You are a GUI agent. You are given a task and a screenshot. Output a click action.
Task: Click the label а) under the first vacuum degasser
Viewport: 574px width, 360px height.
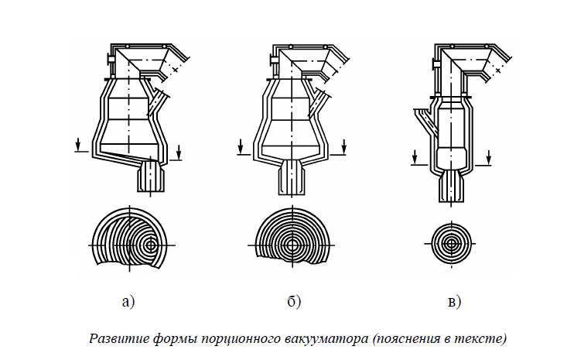[x=128, y=301]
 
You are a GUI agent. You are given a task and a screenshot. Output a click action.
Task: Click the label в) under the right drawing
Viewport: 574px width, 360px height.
[x=454, y=301]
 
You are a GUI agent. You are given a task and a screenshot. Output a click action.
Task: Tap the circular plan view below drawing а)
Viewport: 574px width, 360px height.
[x=129, y=238]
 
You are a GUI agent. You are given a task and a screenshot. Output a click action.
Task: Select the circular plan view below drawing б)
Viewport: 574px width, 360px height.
[x=293, y=238]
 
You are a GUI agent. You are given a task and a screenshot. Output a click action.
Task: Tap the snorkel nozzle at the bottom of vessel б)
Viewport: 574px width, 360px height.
[x=293, y=177]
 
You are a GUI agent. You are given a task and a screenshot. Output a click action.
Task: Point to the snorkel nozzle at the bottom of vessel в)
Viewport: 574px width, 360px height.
[x=451, y=186]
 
